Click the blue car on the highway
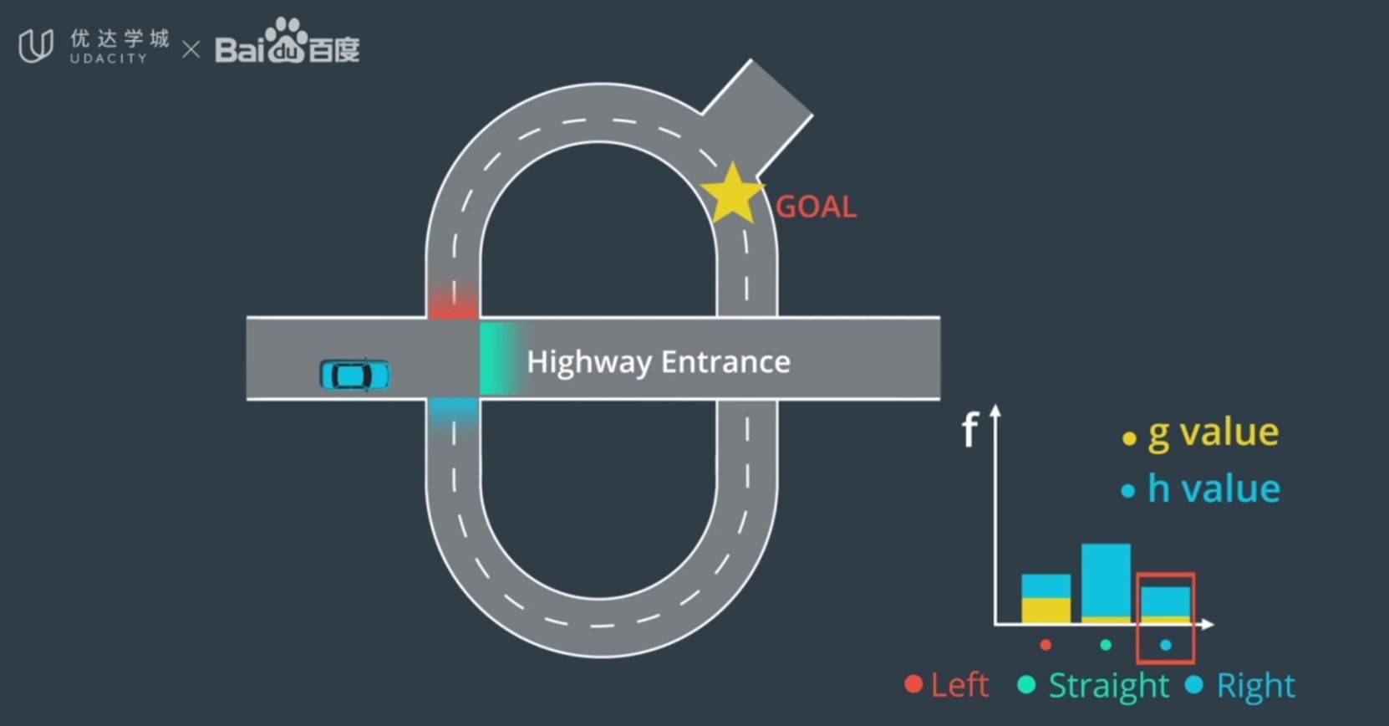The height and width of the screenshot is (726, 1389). click(355, 375)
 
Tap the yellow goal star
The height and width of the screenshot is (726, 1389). click(732, 195)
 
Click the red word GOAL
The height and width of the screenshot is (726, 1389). click(816, 207)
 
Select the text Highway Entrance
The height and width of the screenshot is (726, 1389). click(659, 361)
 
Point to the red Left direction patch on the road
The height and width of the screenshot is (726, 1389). click(453, 301)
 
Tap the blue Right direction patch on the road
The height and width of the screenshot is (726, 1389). click(453, 413)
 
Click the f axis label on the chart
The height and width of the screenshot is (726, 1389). click(969, 430)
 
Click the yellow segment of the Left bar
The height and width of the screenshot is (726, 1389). click(1046, 610)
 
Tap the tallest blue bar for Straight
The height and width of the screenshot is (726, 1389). click(1106, 579)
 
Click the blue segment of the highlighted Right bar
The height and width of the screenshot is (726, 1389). click(1166, 601)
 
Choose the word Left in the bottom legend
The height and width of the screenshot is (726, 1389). click(959, 685)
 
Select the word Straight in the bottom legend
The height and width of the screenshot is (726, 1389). click(1108, 686)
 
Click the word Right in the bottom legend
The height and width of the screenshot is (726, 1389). click(1255, 686)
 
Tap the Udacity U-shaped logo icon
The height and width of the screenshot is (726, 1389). click(36, 45)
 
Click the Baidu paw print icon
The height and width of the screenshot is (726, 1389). click(287, 38)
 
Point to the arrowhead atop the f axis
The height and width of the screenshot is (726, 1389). click(995, 411)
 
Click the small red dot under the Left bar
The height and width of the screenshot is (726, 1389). click(1046, 645)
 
